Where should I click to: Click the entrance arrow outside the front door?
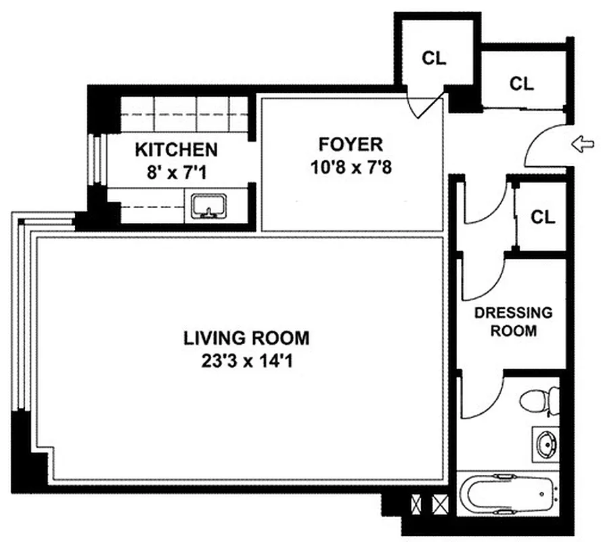point(583,144)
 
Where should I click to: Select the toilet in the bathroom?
point(541,400)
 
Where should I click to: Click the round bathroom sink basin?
point(546,445)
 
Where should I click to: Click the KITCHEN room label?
point(176,149)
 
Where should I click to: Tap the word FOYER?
point(351,144)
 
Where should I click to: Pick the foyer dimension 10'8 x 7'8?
point(351,167)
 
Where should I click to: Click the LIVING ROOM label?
point(247,337)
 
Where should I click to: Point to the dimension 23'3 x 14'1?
point(247,360)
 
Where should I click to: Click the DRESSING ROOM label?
point(513,322)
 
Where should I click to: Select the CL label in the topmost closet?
point(434,58)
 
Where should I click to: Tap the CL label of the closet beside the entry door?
point(521,83)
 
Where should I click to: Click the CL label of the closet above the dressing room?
point(542,217)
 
